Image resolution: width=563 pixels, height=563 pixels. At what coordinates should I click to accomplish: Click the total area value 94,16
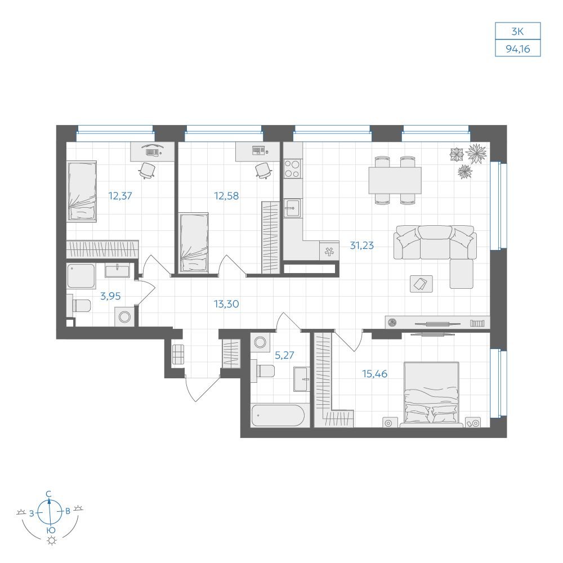517,48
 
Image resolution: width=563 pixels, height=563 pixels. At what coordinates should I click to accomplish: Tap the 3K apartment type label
517,32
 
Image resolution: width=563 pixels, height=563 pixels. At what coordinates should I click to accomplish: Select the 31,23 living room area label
361,245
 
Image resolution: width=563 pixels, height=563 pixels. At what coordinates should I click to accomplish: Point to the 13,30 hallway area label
226,304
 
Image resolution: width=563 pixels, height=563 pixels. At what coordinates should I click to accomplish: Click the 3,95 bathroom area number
110,296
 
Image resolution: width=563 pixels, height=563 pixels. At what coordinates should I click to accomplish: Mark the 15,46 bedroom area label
374,374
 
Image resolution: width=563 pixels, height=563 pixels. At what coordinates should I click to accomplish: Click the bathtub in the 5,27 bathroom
278,416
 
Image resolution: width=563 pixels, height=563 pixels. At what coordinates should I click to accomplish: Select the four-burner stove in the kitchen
292,169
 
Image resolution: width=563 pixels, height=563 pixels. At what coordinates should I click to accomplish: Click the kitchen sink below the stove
293,208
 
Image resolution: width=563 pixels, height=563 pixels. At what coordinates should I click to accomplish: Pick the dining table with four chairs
395,180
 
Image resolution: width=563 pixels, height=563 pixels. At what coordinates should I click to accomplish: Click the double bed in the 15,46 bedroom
431,394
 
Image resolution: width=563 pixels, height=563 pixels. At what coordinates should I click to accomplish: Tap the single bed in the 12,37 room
82,191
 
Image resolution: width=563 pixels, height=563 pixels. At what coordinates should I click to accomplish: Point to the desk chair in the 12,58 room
263,171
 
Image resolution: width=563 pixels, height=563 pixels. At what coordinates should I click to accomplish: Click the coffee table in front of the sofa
421,284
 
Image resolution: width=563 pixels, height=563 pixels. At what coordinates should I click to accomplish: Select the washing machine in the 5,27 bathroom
260,342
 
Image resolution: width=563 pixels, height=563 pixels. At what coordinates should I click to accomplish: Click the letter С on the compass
49,494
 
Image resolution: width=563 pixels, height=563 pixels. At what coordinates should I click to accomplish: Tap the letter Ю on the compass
51,530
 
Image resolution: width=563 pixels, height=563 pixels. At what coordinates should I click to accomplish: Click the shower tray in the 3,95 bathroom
81,276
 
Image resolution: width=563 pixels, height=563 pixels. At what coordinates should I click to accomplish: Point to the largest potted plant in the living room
476,154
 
